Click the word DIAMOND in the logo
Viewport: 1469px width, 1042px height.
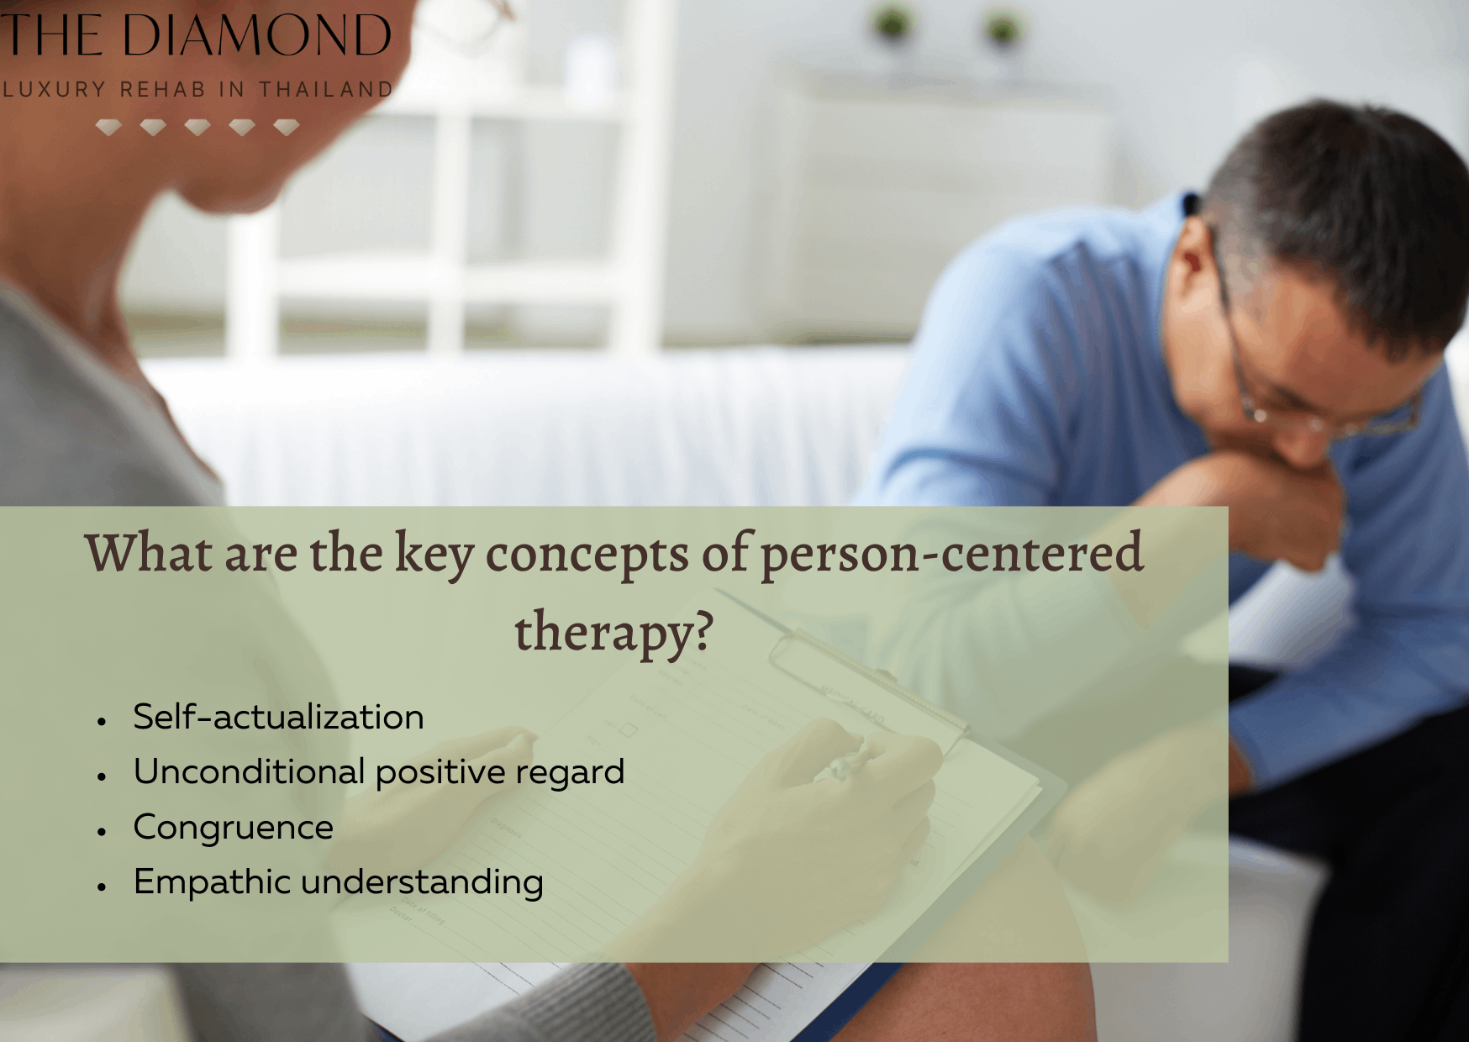257,35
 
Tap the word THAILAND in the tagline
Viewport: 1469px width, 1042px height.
325,89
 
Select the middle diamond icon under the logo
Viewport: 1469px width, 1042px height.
197,127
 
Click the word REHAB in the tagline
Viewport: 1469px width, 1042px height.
162,89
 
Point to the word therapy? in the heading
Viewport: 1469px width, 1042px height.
613,632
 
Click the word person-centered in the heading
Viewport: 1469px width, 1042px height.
951,553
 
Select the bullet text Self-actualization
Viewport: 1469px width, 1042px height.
278,718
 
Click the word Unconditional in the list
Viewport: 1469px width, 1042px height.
249,772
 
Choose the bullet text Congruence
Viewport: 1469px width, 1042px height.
233,828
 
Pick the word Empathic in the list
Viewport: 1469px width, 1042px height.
211,882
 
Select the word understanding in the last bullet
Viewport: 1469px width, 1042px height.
422,882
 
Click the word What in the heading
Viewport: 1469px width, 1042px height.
148,553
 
